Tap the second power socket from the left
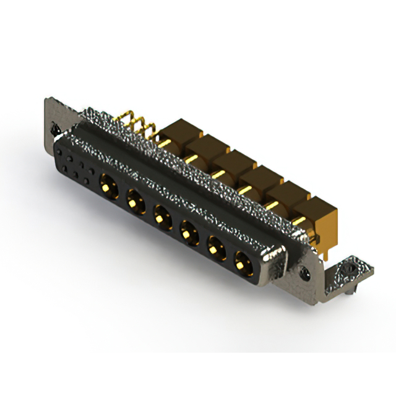[x=134, y=200]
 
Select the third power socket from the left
[x=161, y=217]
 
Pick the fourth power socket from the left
[x=187, y=233]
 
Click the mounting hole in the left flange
[x=54, y=131]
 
